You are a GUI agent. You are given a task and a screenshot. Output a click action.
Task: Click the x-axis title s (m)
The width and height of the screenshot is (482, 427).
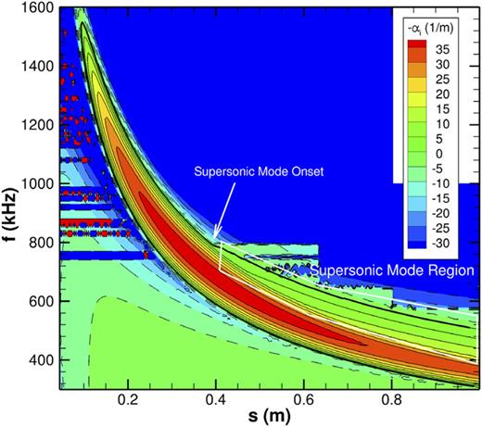(x=266, y=416)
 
